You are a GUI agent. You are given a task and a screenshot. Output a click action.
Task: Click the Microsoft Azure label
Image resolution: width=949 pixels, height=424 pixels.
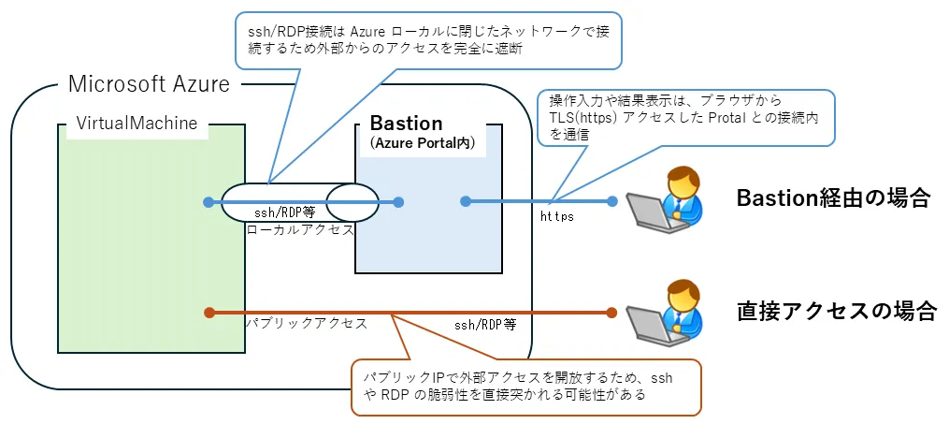point(149,84)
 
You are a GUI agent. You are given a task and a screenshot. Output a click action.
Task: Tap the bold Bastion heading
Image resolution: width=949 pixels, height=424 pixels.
point(406,124)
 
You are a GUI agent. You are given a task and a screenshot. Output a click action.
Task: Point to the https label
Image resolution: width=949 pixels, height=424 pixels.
point(557,217)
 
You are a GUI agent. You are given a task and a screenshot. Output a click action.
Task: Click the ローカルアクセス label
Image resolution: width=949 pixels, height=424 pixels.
point(299,228)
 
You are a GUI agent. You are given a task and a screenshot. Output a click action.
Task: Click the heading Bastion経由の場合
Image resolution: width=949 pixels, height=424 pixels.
point(833,198)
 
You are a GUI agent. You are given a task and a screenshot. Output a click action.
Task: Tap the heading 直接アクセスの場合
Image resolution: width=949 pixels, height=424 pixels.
point(835,309)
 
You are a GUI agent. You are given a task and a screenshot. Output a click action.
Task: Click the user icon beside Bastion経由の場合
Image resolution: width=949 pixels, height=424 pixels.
point(668,197)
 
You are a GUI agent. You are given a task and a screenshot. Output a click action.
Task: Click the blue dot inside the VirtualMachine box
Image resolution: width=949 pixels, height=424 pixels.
point(208,201)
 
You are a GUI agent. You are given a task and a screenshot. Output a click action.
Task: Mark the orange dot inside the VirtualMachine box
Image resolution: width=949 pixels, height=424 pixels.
point(208,313)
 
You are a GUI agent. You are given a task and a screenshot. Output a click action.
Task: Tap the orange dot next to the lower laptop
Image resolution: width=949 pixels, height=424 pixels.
point(611,313)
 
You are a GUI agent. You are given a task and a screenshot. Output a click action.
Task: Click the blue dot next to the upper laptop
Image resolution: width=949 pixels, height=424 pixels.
point(612,201)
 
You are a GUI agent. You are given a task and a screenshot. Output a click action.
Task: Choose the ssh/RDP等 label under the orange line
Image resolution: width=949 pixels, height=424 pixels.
point(485,325)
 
